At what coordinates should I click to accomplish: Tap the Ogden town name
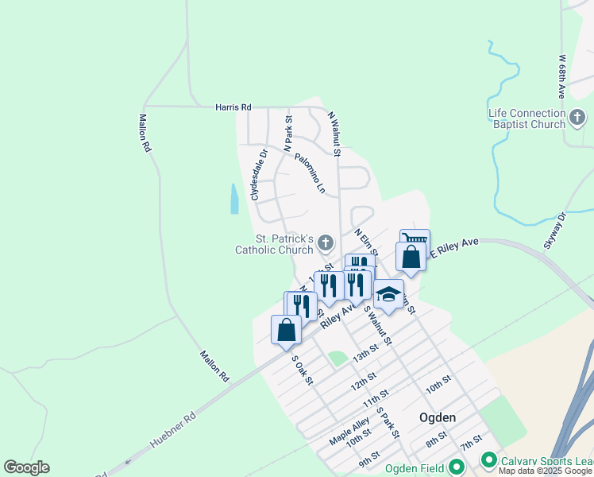pos(438,417)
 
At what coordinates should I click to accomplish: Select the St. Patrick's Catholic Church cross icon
pos(325,242)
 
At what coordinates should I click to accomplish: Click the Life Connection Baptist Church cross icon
pos(577,119)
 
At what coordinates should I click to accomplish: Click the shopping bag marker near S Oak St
pos(286,329)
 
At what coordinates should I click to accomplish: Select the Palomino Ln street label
pos(310,173)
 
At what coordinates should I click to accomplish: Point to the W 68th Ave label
pos(561,76)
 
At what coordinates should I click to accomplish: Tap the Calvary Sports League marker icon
pos(488,460)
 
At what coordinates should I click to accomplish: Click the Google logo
pos(26,467)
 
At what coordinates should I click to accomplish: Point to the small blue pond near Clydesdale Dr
pos(234,199)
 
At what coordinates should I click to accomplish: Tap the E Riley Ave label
pos(454,244)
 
